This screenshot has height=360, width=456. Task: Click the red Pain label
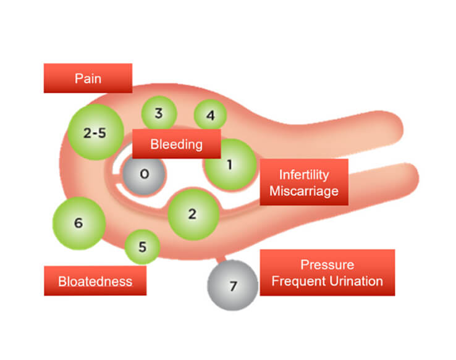pos(88,78)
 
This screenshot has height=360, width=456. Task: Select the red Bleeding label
pos(176,144)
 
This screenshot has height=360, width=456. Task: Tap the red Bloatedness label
pos(95,281)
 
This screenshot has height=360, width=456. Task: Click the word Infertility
pos(303,175)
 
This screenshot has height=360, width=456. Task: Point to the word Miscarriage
pos(303,191)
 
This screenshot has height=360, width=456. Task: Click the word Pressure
pos(327,265)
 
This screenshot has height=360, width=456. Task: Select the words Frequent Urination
pos(327,282)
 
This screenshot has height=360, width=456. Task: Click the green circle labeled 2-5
pos(95,132)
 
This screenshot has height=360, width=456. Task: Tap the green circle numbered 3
pos(159,114)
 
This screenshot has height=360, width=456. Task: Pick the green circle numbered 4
pos(210,115)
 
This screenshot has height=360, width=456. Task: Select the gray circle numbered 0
pos(143,174)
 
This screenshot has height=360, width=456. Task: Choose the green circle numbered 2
pos(192,214)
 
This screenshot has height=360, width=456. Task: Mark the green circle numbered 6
pos(78,223)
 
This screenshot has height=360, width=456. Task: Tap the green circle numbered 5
pos(142,248)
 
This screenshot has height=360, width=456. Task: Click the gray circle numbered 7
pos(232,286)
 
